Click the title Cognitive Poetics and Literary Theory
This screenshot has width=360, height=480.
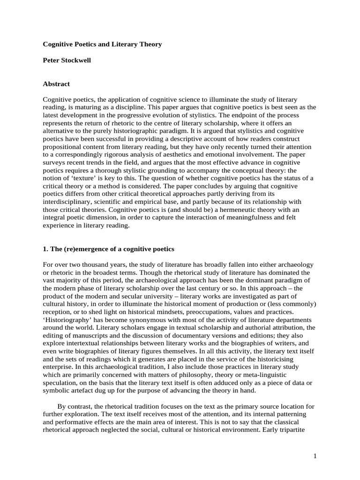pyautogui.click(x=102, y=45)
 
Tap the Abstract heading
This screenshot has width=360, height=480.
pyautogui.click(x=56, y=84)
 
